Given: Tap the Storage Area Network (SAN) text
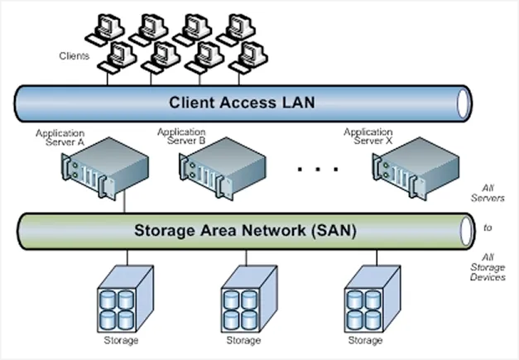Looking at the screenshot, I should click(245, 231).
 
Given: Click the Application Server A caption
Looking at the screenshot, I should click(60, 137).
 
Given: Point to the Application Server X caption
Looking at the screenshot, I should click(368, 137).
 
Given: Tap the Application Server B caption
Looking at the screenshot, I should click(181, 137).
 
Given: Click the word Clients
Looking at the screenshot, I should click(74, 56).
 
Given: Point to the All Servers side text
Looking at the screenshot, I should click(493, 193).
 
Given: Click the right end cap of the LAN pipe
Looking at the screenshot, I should click(464, 103).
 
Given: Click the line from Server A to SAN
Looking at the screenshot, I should click(124, 203).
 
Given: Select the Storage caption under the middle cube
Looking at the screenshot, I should click(242, 340).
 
